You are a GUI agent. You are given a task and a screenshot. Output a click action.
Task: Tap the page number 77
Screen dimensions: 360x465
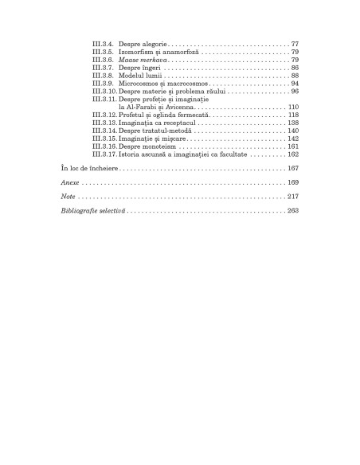tap(294, 42)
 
